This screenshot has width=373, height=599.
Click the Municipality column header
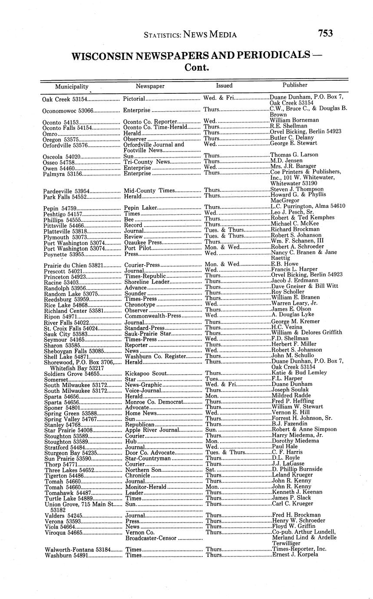(x=72, y=86)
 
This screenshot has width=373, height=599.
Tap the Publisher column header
(x=295, y=85)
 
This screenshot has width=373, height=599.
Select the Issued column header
(x=224, y=86)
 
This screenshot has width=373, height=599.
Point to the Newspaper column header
(x=150, y=86)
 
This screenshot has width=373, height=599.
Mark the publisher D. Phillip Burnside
(x=297, y=469)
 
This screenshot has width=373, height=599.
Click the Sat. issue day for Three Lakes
(x=211, y=469)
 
